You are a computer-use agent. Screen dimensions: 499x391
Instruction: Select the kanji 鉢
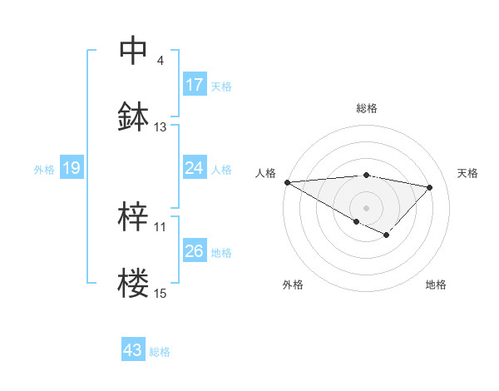[134, 116]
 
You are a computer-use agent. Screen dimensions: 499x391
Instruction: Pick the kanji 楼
[134, 283]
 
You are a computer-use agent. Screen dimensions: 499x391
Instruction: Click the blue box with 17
[195, 85]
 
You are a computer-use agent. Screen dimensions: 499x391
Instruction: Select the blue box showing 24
[195, 169]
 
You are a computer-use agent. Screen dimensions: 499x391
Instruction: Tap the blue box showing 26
[195, 252]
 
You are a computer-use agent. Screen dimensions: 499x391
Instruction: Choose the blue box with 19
[72, 169]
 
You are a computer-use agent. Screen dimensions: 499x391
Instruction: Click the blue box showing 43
[133, 350]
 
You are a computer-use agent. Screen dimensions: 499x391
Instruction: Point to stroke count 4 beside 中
[161, 61]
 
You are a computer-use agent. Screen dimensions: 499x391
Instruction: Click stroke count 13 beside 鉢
[161, 127]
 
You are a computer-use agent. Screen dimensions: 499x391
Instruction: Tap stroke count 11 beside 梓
[161, 226]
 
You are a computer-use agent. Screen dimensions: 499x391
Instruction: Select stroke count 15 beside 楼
[161, 293]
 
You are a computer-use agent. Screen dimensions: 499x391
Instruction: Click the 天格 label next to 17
[221, 86]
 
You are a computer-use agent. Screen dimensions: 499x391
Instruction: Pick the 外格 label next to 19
[44, 170]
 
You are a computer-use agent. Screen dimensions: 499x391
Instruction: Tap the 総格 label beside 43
[160, 351]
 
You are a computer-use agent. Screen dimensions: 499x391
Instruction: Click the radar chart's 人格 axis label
[265, 172]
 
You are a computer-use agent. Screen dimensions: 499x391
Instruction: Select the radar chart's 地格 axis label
[436, 285]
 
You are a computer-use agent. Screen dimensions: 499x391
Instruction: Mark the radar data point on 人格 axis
[287, 182]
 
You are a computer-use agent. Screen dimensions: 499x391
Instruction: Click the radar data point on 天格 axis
[430, 187]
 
